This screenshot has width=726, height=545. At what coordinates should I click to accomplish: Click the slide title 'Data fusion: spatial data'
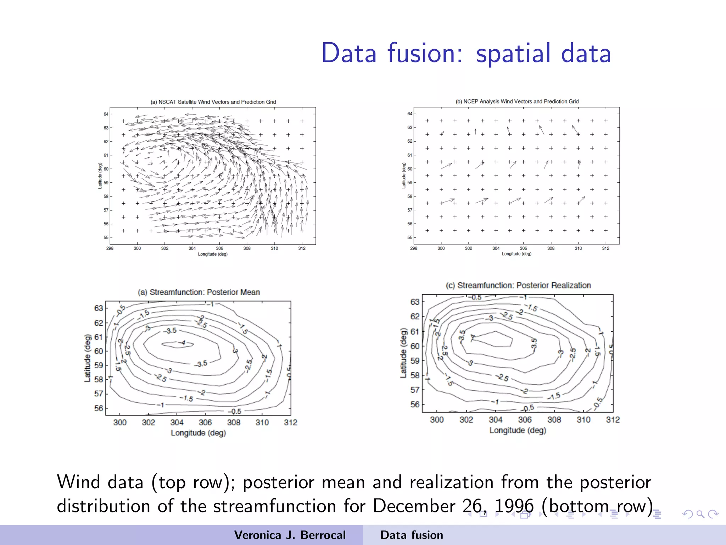tap(466, 53)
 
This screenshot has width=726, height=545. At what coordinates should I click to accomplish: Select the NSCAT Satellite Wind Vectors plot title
tap(213, 102)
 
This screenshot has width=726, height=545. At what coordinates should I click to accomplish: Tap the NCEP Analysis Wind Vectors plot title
tap(517, 101)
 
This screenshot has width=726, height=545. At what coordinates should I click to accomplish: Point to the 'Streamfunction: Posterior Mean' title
tap(199, 292)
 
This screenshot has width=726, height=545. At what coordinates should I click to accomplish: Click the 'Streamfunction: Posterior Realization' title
tap(518, 285)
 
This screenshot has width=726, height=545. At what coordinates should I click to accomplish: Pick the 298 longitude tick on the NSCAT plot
tap(110, 248)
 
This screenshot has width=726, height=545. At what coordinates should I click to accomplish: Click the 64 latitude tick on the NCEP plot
tap(410, 114)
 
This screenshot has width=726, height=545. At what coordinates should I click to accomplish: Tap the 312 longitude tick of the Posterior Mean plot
tap(290, 422)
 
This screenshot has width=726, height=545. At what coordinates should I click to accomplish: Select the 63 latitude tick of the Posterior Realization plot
tap(415, 302)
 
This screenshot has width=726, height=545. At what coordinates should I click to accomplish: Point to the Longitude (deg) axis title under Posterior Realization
tap(518, 430)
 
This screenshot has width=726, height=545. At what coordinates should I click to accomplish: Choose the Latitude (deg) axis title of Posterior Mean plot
tap(87, 358)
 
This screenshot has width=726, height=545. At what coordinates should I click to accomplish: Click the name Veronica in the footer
tap(258, 535)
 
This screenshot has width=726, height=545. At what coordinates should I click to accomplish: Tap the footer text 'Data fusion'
tap(412, 535)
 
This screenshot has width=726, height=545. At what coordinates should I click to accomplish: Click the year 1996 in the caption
tap(514, 506)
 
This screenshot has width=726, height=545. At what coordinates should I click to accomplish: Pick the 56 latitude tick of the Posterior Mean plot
tap(99, 408)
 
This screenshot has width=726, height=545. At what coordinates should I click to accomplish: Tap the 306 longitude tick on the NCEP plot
tap(523, 248)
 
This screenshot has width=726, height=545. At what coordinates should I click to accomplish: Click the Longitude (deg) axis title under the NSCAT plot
tap(213, 254)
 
